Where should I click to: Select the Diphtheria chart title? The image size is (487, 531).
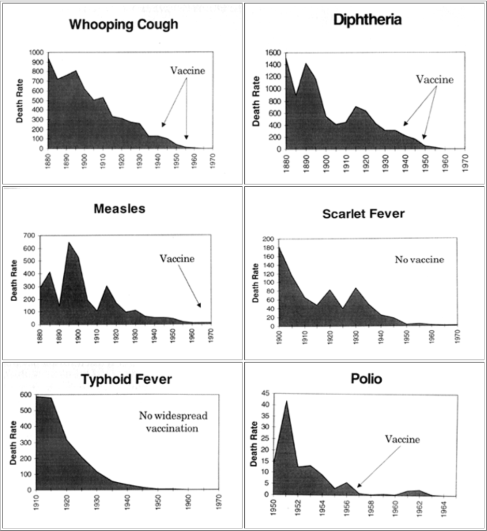coord(367,20)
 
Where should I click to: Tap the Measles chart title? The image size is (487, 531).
coord(119,209)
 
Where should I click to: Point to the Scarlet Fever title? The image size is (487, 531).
coord(363,214)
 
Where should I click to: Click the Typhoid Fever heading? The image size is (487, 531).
coord(126,380)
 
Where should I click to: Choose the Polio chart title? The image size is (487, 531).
coord(367,379)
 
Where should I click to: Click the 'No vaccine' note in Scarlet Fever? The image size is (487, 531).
coord(419,260)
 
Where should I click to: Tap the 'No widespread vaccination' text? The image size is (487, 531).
coord(169,422)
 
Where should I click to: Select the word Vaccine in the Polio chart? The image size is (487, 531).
coord(402,439)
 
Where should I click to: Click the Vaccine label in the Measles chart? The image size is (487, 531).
coord(177,259)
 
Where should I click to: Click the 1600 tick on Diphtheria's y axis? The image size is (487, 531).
coord(273,52)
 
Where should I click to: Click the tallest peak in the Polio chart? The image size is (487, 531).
coord(286,401)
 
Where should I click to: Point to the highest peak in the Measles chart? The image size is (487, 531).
coord(69,243)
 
